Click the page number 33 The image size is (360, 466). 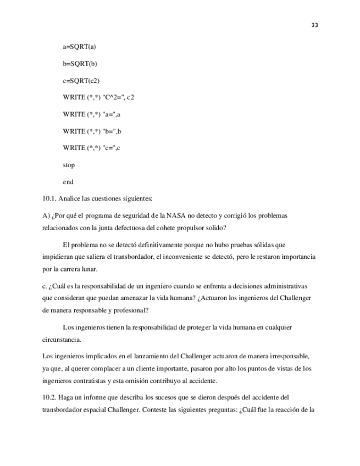(314, 25)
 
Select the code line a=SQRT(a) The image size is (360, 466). (80, 47)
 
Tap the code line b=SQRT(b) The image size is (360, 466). (80, 64)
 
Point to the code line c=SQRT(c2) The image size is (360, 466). (81, 81)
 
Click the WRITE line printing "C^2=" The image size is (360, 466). (98, 97)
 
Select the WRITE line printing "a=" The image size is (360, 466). (92, 114)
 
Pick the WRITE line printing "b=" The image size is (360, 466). (92, 131)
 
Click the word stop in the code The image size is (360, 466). (69, 165)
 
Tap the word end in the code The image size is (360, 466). (68, 182)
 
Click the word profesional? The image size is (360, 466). (129, 310)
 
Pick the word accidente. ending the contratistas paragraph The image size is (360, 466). (203, 381)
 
